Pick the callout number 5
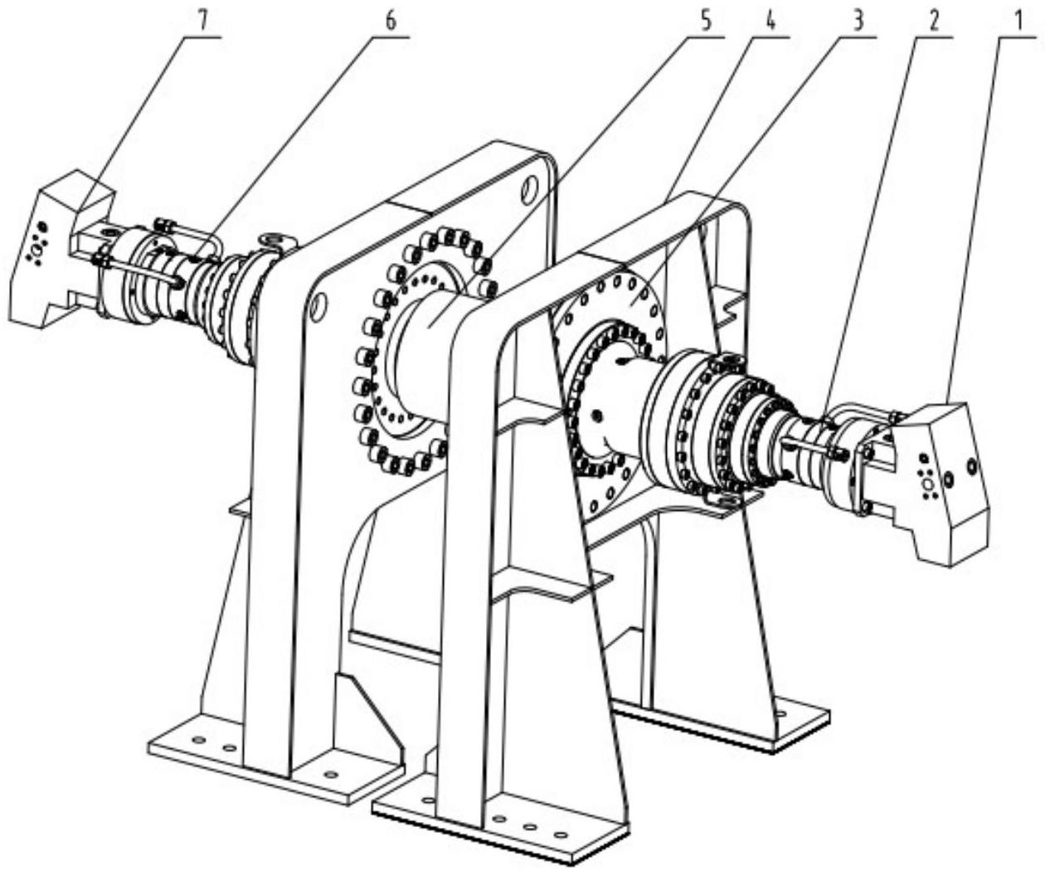click(x=705, y=21)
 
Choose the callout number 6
click(x=391, y=21)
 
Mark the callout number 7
click(x=205, y=21)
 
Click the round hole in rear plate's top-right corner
click(x=528, y=190)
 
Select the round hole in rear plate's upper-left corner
click(x=318, y=304)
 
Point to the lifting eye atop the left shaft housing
click(x=275, y=241)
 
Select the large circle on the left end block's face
click(x=36, y=249)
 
